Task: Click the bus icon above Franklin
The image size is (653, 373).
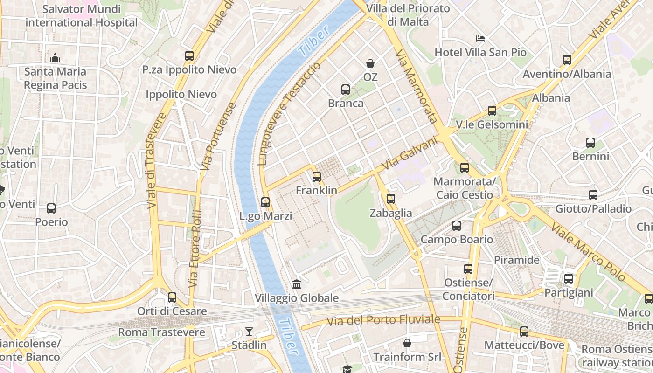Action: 317,177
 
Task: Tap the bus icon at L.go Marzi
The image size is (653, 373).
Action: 265,202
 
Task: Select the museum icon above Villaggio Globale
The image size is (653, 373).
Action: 297,284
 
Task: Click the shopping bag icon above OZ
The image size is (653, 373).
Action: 370,63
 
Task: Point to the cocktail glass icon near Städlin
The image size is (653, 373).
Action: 249,332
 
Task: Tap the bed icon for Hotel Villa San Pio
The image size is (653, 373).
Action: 480,38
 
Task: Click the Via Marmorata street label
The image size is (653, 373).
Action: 417,86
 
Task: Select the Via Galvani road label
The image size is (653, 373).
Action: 410,153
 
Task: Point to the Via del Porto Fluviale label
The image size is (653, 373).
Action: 383,320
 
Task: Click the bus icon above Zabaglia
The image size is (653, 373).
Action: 391,199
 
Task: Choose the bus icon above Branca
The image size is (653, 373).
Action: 346,90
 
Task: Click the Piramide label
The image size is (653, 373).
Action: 516,260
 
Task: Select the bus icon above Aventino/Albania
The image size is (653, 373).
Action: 567,60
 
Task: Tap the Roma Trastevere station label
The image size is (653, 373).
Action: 161,332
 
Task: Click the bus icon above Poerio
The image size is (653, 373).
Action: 51,208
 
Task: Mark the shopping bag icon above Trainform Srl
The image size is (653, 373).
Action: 407,344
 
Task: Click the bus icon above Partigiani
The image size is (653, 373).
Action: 569,279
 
